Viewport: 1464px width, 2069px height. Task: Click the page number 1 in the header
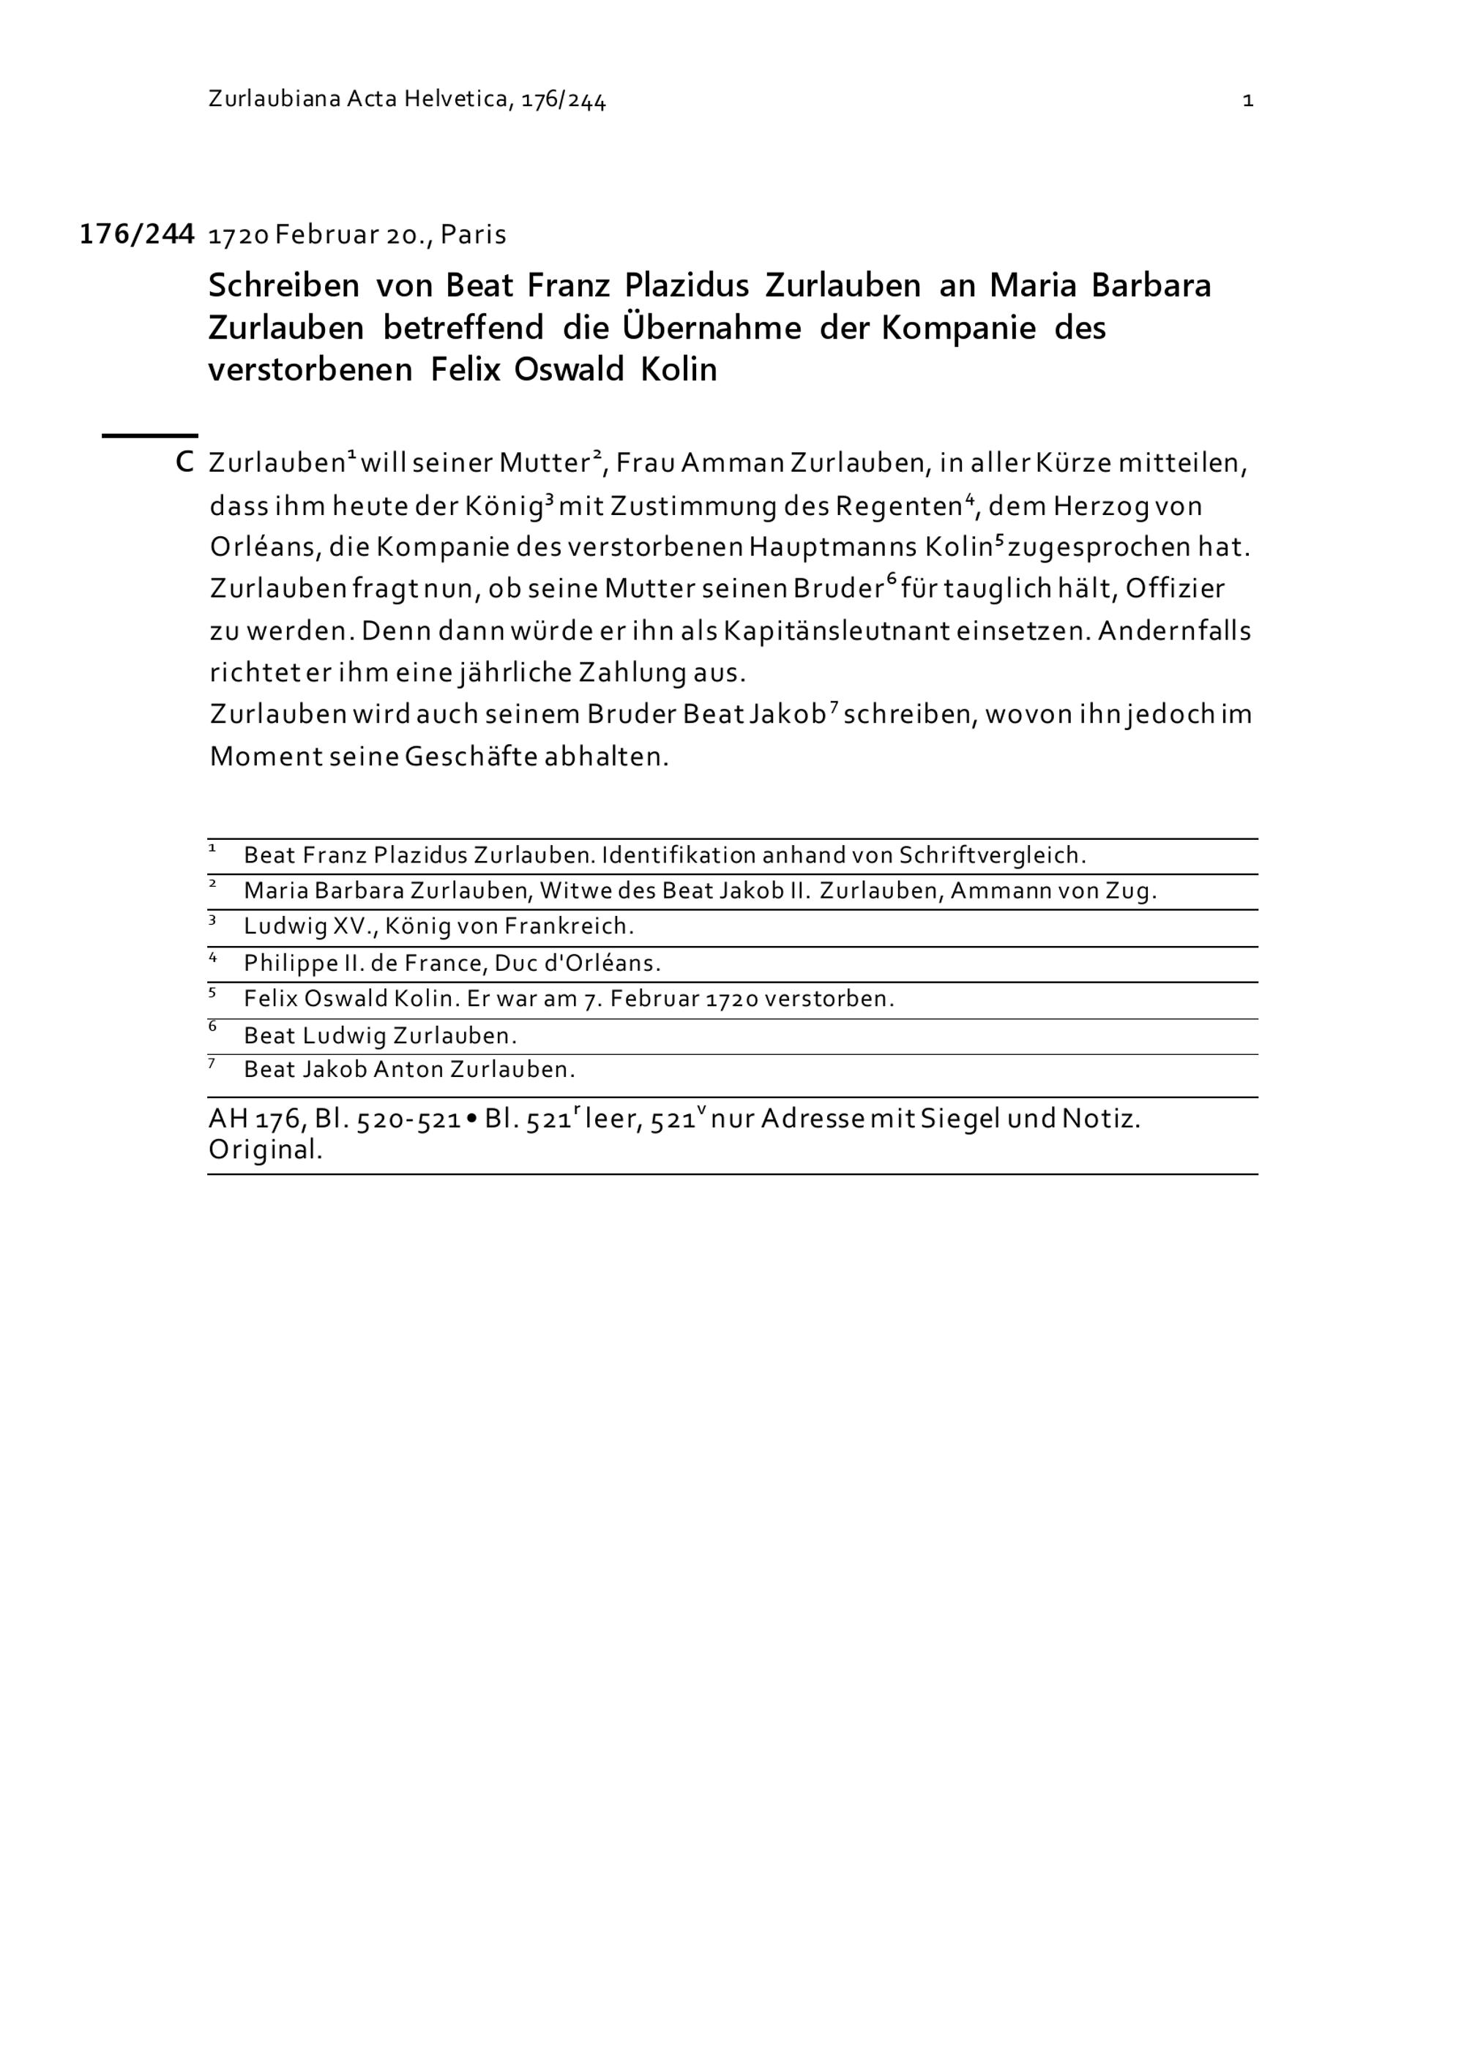[1247, 101]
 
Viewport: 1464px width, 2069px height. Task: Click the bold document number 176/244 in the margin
[137, 234]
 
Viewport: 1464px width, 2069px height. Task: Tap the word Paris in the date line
[474, 235]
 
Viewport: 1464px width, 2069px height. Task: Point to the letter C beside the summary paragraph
[184, 463]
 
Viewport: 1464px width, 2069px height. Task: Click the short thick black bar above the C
[149, 436]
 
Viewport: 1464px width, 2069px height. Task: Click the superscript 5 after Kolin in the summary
[998, 540]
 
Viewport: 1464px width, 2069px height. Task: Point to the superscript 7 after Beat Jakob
[833, 707]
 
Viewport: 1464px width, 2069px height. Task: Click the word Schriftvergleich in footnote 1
[992, 855]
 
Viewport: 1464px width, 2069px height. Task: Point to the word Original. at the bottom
[265, 1151]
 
